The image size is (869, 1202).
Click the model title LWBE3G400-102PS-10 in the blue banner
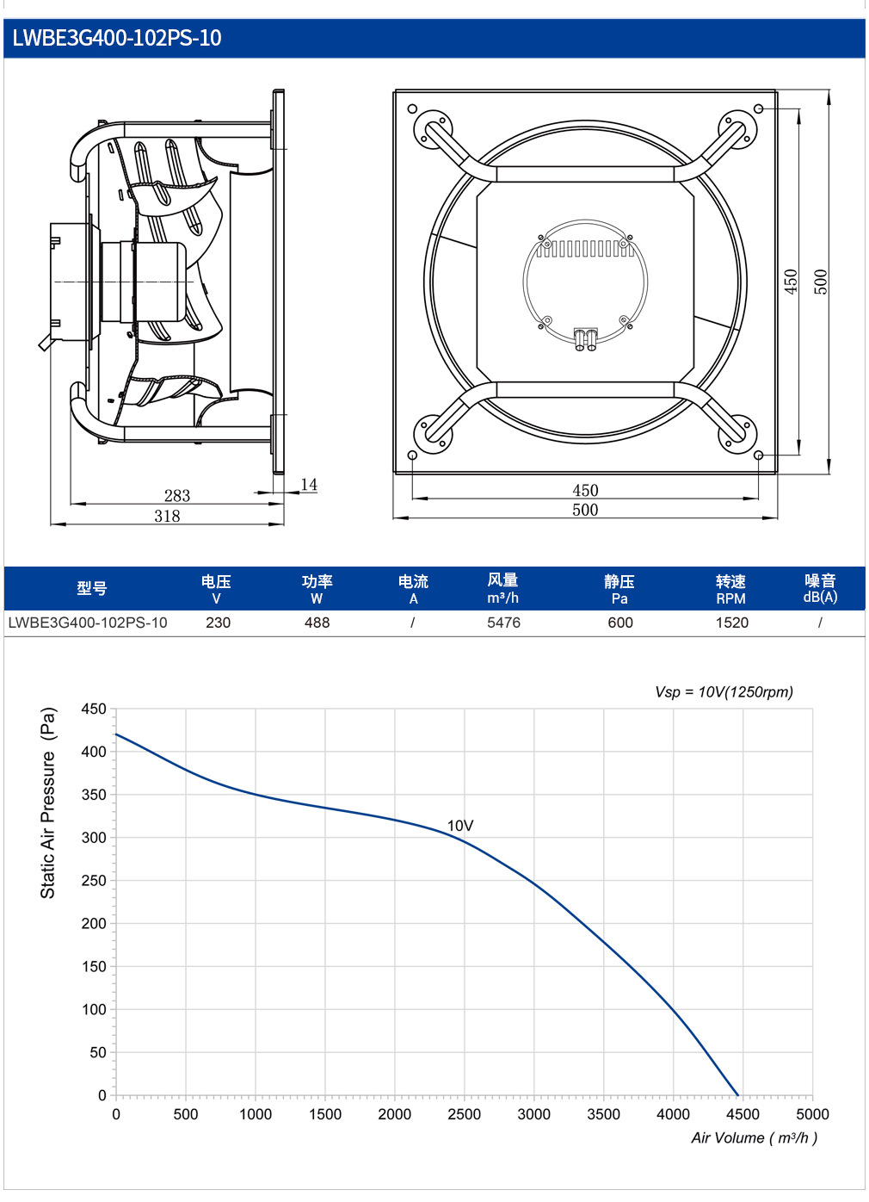116,38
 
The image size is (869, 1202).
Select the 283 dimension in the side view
177,495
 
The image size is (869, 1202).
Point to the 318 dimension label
167,516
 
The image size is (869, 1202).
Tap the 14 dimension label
309,485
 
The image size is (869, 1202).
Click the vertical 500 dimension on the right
821,282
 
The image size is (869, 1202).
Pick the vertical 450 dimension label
791,282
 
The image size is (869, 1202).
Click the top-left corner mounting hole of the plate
412,109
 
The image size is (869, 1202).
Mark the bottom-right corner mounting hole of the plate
758,455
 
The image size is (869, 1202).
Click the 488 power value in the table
317,623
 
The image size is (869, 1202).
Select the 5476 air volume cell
503,623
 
